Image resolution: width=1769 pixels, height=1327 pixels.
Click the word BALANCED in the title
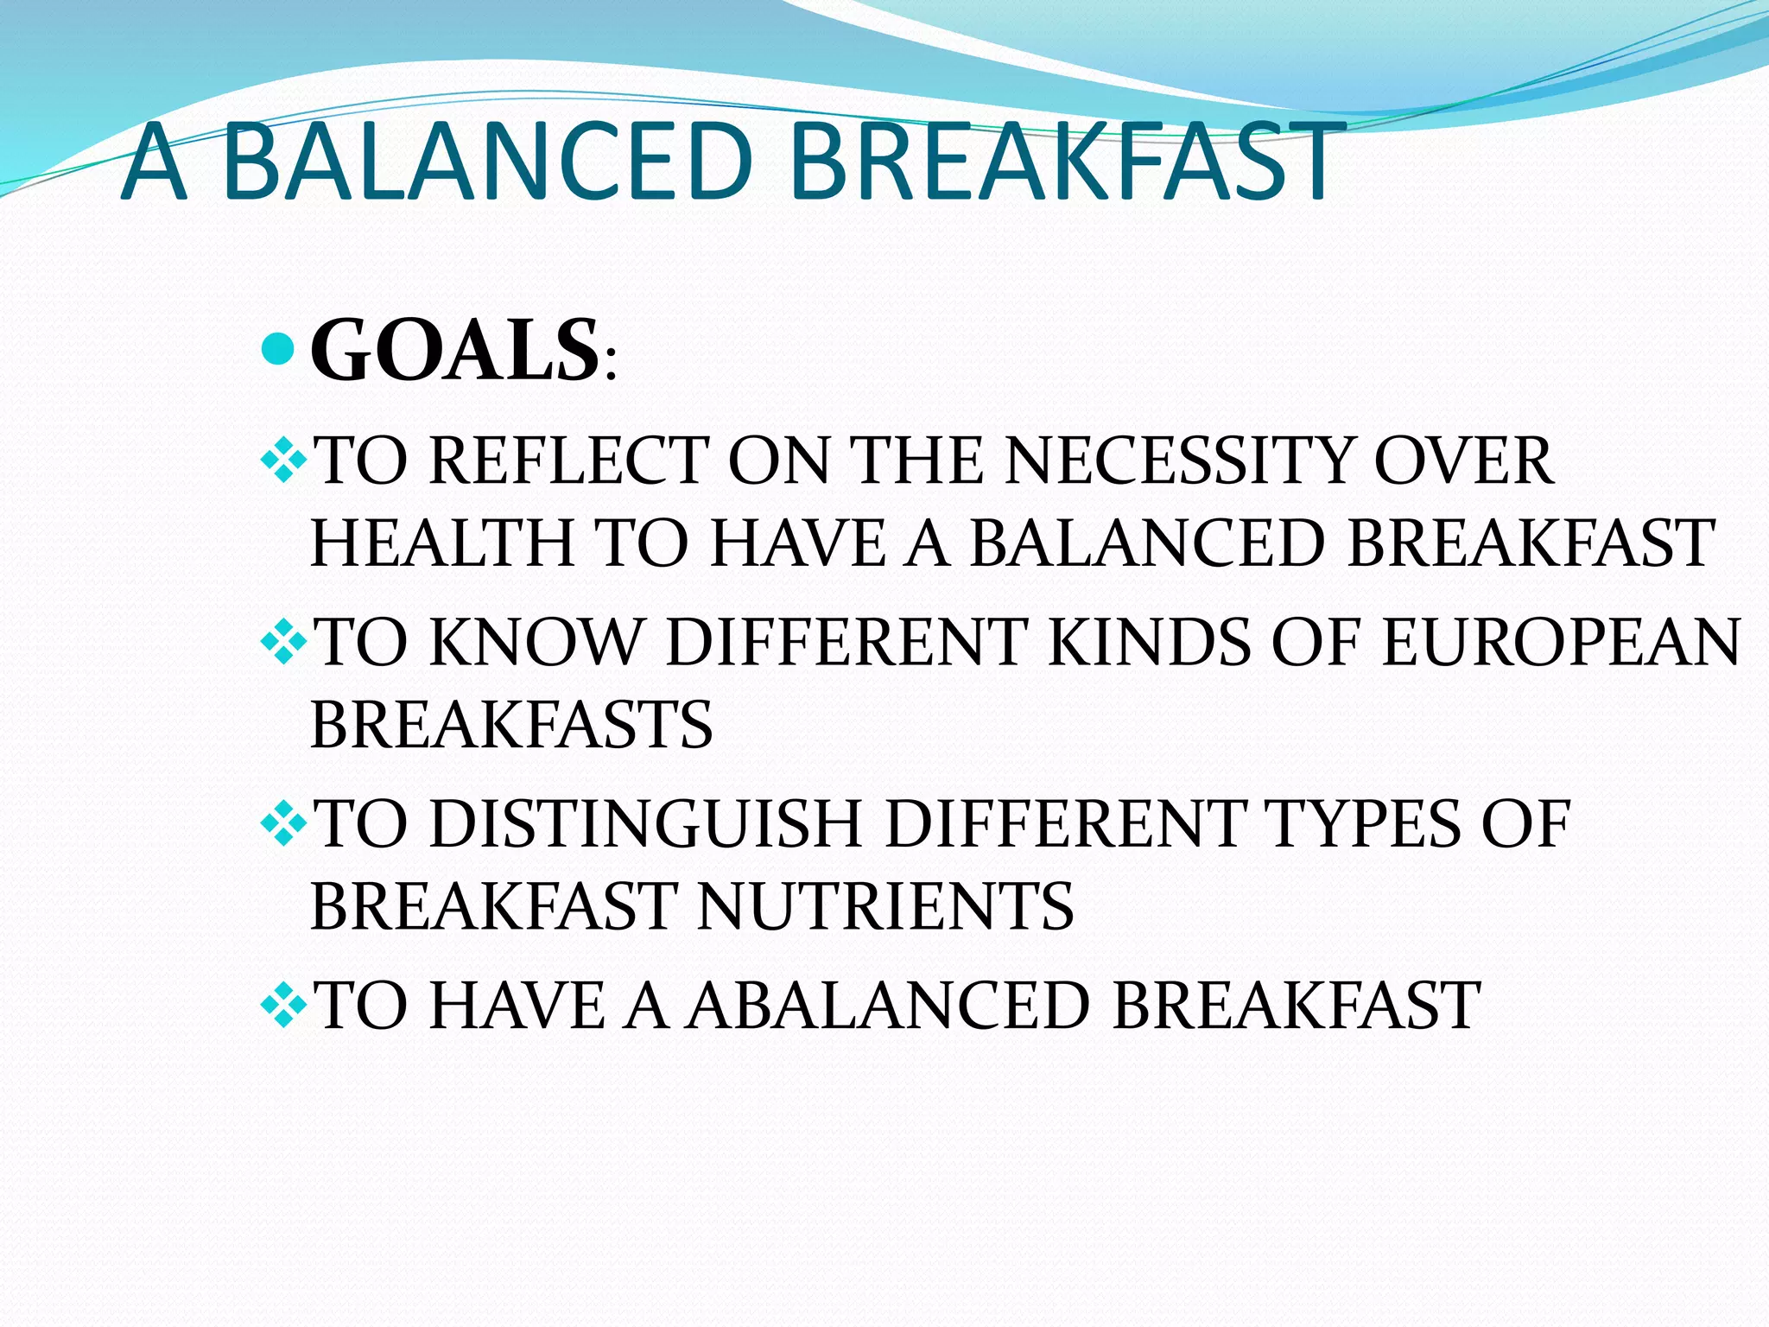(486, 162)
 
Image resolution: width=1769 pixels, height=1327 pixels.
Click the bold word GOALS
(454, 350)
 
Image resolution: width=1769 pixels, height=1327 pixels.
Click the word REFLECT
(568, 460)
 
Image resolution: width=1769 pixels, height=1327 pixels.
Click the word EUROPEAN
(1560, 643)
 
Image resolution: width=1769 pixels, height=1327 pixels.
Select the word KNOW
(536, 643)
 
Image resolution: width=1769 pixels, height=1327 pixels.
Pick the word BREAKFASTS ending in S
(511, 725)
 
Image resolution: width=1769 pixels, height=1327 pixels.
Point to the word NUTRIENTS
(885, 906)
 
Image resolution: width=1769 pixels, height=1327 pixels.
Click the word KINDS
(1149, 643)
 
